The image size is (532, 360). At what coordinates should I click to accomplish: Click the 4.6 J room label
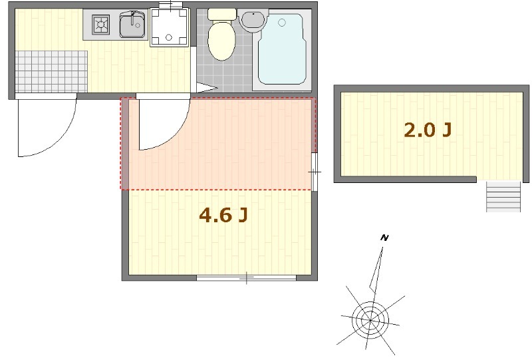pyautogui.click(x=223, y=216)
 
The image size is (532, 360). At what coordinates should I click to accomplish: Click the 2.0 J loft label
pyautogui.click(x=428, y=130)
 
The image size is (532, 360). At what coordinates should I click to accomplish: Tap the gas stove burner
pyautogui.click(x=101, y=24)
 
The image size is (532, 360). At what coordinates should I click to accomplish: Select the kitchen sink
pyautogui.click(x=132, y=24)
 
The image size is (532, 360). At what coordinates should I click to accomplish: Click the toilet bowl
pyautogui.click(x=221, y=43)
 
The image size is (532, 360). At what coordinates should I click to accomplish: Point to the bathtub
pyautogui.click(x=281, y=50)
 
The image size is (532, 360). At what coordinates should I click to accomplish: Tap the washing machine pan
pyautogui.click(x=170, y=27)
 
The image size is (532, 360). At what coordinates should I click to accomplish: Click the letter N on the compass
pyautogui.click(x=384, y=238)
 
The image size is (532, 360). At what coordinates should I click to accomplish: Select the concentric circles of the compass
pyautogui.click(x=370, y=319)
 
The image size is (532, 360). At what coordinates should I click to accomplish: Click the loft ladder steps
pyautogui.click(x=503, y=197)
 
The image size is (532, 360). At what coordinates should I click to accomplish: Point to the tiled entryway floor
pyautogui.click(x=51, y=71)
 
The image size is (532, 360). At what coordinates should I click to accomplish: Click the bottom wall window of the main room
pyautogui.click(x=247, y=277)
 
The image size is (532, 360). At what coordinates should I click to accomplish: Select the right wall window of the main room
pyautogui.click(x=315, y=172)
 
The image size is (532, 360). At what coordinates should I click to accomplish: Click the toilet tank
pyautogui.click(x=222, y=14)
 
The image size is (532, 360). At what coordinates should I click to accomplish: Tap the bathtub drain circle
pyautogui.click(x=281, y=23)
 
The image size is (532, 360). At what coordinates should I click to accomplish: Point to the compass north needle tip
pyautogui.click(x=383, y=248)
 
